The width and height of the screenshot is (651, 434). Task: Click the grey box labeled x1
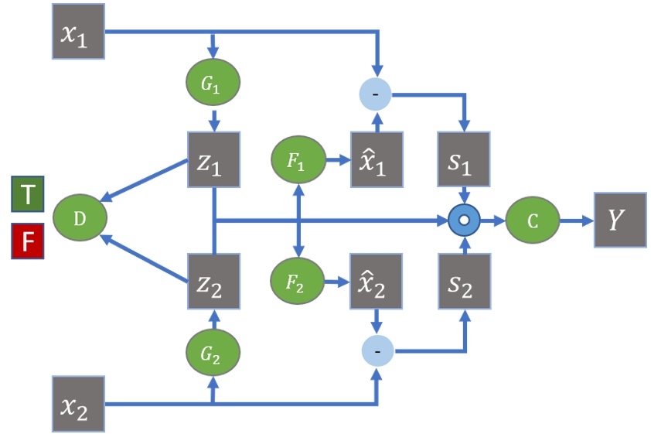point(78,32)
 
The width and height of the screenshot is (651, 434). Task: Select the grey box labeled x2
point(78,403)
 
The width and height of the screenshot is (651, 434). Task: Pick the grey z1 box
point(214,159)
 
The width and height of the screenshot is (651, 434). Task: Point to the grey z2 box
point(214,280)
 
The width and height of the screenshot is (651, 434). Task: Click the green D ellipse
point(80,220)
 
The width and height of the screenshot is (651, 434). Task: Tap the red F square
point(28,242)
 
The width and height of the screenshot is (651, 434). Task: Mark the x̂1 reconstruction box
point(377,159)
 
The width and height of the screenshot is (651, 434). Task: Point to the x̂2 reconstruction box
point(377,280)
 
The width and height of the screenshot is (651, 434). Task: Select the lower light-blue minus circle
point(377,350)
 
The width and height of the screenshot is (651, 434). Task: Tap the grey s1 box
point(465,159)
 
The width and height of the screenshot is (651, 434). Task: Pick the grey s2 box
point(465,280)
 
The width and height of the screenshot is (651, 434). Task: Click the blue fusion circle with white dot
point(465,220)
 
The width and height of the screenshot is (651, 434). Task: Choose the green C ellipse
point(532,220)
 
